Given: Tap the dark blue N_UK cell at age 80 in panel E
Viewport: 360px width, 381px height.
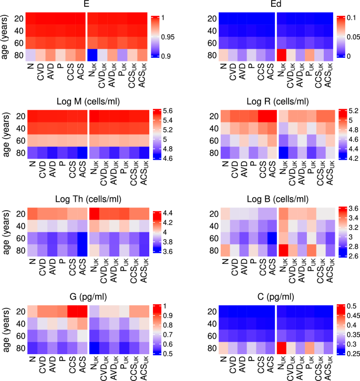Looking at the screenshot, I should tap(92, 55).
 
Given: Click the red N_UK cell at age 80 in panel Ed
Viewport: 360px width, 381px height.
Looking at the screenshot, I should tap(282, 55).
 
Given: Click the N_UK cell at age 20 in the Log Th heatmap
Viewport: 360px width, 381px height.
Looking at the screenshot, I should tap(92, 214).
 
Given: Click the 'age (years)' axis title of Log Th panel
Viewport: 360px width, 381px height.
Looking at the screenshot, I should tap(5, 226).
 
